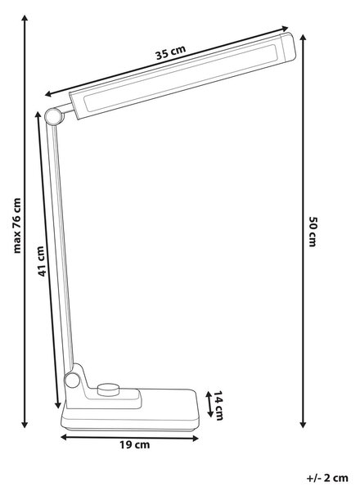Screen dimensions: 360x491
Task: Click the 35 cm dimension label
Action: pos(171,52)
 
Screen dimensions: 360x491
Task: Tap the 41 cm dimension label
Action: pos(42,261)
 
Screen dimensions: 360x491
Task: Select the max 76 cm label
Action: pos(16,226)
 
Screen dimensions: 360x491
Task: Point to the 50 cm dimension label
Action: pos(313,232)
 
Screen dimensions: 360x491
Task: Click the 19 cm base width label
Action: pos(135,444)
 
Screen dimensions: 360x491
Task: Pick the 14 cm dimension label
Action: pos(218,405)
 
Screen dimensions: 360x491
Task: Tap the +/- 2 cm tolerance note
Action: pos(327,478)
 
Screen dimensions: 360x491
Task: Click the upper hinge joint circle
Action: pos(54,116)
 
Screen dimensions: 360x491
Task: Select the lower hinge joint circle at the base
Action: pos(72,381)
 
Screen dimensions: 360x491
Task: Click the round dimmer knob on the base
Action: pos(108,390)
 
